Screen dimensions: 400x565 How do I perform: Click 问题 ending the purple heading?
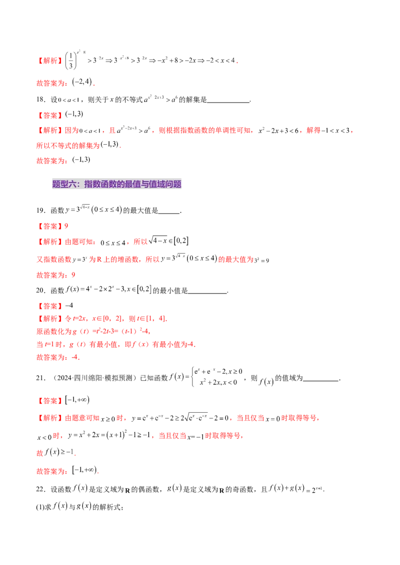[x=175, y=185]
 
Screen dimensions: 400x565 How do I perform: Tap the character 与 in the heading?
[x=145, y=185]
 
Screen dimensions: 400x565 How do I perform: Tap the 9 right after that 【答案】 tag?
[x=66, y=226]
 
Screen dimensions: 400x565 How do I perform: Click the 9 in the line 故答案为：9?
[x=73, y=275]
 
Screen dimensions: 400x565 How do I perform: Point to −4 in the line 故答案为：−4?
[x=75, y=357]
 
